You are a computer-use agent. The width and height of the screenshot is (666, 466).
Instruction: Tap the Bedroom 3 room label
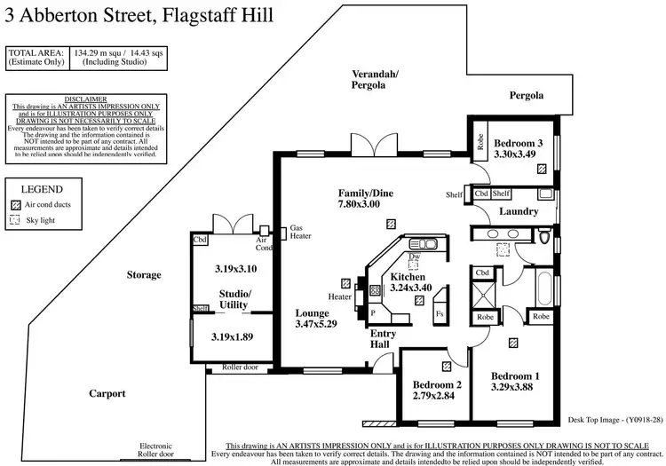pos(519,143)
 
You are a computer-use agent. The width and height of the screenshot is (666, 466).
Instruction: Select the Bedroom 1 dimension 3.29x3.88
pos(515,387)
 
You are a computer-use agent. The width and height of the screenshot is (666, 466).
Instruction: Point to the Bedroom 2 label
pos(437,384)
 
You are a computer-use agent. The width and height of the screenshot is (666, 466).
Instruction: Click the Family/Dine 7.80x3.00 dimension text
pos(365,204)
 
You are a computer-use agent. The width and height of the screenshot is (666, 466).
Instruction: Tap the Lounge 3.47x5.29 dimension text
pos(318,326)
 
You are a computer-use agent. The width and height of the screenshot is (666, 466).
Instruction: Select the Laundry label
pos(519,211)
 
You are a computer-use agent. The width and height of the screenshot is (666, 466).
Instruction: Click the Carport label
pos(107,393)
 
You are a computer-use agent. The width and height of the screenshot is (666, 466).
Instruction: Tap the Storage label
pos(144,274)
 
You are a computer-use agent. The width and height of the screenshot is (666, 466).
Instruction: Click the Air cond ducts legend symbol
pos(14,203)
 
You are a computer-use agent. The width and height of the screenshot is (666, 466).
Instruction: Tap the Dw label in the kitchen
pos(414,257)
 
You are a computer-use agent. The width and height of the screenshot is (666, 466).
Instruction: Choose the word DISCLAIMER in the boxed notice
pos(86,99)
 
